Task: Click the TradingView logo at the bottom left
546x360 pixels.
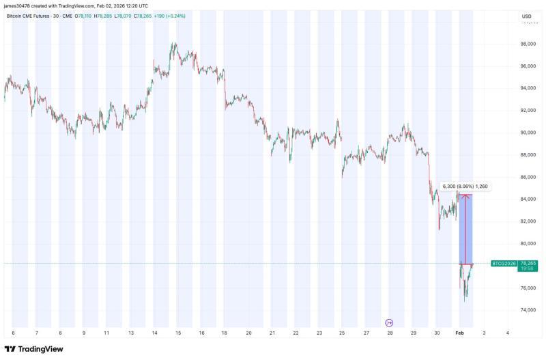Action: (x=33, y=349)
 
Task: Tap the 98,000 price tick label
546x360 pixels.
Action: (x=527, y=44)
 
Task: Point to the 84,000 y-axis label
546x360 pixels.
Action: (x=527, y=199)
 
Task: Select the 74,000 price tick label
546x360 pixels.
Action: (x=527, y=310)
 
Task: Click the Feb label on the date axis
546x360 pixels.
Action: (x=460, y=333)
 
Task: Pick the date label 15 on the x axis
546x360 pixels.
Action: (x=177, y=333)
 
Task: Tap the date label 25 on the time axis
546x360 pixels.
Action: (x=342, y=333)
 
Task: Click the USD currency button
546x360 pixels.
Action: (x=526, y=16)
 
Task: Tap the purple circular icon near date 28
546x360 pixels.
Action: (x=389, y=322)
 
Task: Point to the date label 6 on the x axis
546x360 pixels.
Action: (x=13, y=333)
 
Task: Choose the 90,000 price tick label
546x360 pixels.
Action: (x=527, y=133)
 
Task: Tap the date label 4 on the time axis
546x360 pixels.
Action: (x=507, y=333)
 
